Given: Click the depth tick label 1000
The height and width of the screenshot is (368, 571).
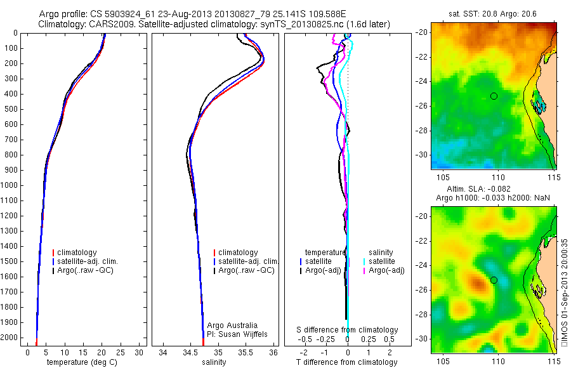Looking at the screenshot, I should click(x=11, y=185).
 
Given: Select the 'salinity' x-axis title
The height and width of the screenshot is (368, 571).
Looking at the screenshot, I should click(x=214, y=362).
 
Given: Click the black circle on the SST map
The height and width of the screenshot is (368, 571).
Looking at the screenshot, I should click(x=494, y=96).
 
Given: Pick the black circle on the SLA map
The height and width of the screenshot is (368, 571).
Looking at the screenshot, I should click(x=494, y=280).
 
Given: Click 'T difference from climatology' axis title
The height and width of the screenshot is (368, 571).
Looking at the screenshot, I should click(x=347, y=362).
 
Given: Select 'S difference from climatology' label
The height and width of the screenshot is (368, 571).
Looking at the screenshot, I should click(x=348, y=330).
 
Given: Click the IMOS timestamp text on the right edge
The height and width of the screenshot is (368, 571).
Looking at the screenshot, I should click(x=565, y=292).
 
